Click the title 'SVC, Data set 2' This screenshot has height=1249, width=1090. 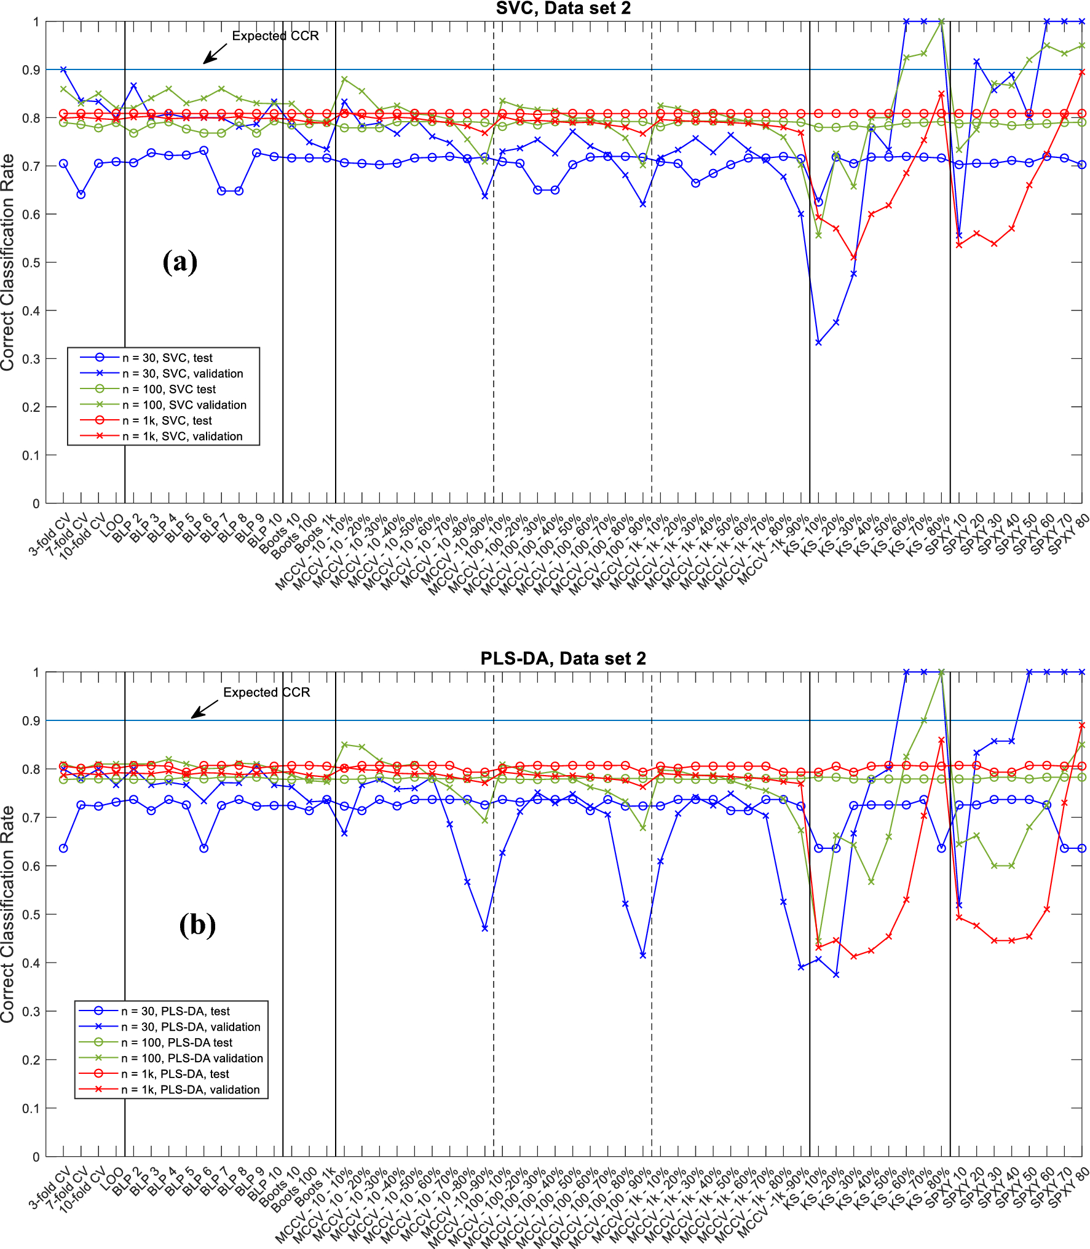(563, 8)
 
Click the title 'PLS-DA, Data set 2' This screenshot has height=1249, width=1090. (563, 658)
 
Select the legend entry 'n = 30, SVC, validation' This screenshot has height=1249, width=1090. (182, 374)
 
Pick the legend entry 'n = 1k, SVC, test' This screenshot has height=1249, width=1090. (167, 420)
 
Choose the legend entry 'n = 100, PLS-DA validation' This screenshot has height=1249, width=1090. (191, 1058)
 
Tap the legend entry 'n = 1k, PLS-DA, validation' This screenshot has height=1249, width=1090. (190, 1090)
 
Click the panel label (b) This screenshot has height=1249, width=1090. (197, 924)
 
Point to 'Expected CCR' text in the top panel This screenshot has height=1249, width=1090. (275, 36)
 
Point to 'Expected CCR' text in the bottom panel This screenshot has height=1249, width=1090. (266, 693)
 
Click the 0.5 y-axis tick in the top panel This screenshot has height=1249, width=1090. (31, 262)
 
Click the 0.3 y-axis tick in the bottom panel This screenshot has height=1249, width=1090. (31, 1012)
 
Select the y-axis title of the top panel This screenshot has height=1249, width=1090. (8, 262)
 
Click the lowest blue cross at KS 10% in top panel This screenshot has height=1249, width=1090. (818, 342)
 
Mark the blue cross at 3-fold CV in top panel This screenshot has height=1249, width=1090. (63, 69)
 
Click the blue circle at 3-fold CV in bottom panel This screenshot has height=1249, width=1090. (63, 848)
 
